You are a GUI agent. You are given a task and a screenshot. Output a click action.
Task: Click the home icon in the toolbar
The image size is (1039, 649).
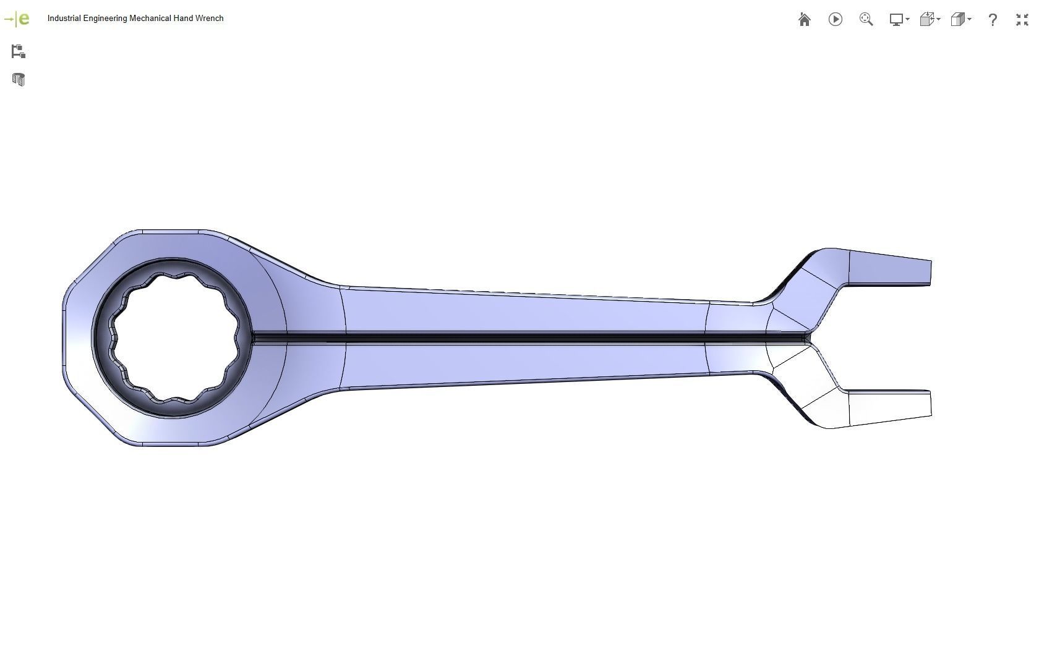click(x=804, y=20)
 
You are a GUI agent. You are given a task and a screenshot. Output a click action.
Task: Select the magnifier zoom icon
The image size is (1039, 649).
click(x=866, y=20)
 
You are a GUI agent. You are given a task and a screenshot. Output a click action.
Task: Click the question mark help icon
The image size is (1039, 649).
click(x=992, y=20)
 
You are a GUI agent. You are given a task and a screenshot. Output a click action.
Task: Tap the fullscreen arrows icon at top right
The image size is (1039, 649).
click(x=1022, y=20)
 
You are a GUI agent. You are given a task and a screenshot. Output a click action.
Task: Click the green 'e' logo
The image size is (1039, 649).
click(x=23, y=19)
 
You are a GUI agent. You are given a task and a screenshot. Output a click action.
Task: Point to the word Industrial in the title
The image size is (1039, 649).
click(x=64, y=19)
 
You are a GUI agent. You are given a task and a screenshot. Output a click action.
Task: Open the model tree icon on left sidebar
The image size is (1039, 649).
click(x=18, y=51)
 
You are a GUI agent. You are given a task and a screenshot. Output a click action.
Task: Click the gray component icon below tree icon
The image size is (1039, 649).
click(x=18, y=80)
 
